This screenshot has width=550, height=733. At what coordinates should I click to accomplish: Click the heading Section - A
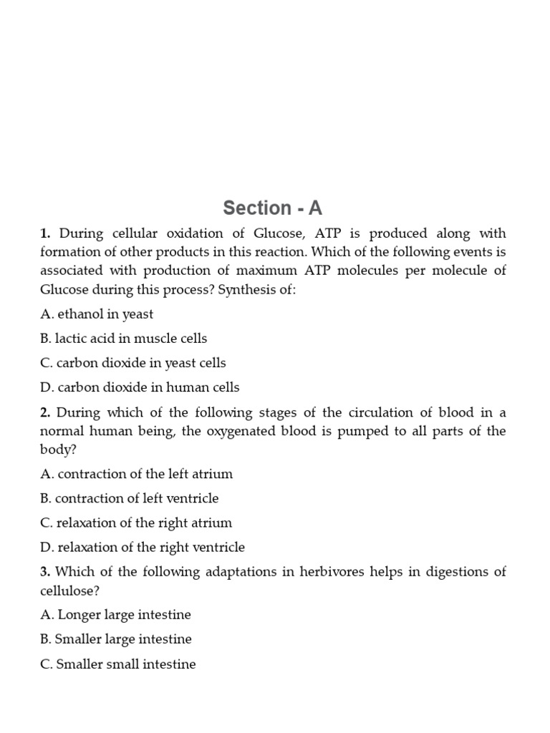click(x=273, y=208)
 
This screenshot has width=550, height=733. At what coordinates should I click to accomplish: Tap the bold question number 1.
click(x=45, y=233)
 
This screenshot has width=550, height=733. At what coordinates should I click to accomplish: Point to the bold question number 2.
click(x=45, y=412)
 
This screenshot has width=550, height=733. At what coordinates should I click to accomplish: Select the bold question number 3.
click(x=45, y=571)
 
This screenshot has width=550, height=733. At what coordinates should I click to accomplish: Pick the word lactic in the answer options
click(x=71, y=338)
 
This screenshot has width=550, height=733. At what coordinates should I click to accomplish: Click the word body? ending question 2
click(x=57, y=450)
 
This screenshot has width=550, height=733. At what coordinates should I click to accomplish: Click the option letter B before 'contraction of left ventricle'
click(x=45, y=498)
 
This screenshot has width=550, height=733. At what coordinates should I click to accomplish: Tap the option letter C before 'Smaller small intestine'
click(x=45, y=664)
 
